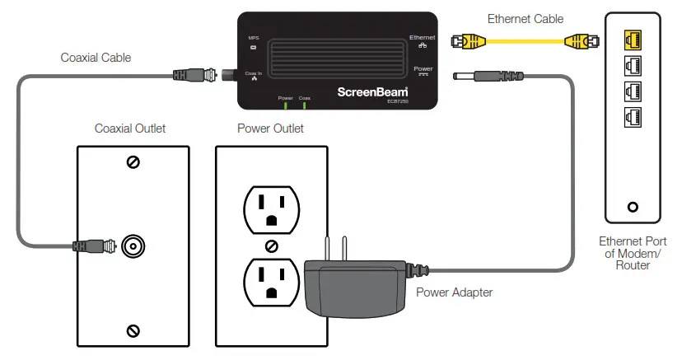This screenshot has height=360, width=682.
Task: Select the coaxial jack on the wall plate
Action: coord(133,245)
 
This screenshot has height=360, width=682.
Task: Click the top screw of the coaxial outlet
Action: coord(133,162)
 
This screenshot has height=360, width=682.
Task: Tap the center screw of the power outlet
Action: coord(271,245)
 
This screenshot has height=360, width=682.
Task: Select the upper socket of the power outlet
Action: coord(269,208)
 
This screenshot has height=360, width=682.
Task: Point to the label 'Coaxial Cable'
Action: coord(96,58)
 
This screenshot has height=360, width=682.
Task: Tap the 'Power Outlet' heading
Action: coord(270,129)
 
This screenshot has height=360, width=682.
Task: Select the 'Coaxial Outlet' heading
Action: coord(130,129)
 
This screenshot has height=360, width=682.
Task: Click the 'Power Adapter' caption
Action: coord(455,292)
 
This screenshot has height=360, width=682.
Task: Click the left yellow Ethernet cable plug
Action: coord(466,40)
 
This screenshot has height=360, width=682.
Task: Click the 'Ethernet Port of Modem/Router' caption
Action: coord(633,254)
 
